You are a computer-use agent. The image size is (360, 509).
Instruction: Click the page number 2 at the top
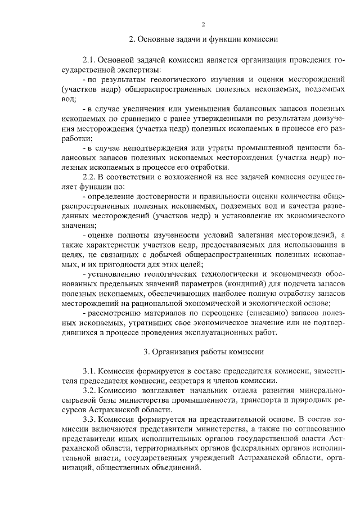pyautogui.click(x=204, y=24)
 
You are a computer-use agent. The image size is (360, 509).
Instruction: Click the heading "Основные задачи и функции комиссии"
pyautogui.click(x=204, y=40)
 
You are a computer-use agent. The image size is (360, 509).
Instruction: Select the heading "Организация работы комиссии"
pyautogui.click(x=204, y=352)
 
